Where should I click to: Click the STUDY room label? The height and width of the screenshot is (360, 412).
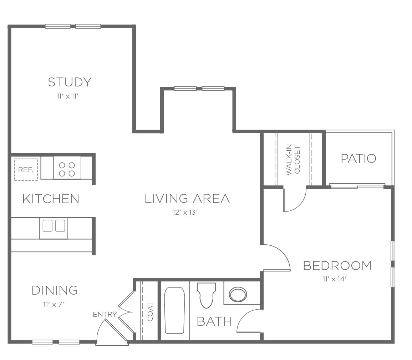click(x=70, y=82)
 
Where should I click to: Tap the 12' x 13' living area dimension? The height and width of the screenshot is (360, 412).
click(x=185, y=212)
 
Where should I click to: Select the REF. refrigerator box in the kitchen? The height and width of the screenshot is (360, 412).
click(x=26, y=170)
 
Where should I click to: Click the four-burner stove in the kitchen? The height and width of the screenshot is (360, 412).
click(x=67, y=167)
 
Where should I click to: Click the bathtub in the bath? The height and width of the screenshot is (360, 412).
click(x=174, y=310)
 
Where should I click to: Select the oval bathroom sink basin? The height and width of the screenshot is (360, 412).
click(x=238, y=294)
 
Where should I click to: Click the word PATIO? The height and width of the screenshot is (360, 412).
click(x=358, y=159)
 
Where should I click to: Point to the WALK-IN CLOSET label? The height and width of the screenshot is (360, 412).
click(x=293, y=160)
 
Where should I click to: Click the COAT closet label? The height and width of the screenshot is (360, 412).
click(x=150, y=312)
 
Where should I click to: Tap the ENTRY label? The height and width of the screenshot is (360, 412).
click(x=105, y=314)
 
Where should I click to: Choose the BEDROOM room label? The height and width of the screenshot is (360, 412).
click(x=337, y=266)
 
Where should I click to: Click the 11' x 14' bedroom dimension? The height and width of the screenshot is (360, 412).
click(x=335, y=279)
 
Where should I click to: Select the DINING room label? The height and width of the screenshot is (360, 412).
click(x=55, y=290)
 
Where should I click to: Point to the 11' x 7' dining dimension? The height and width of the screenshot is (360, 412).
click(x=54, y=305)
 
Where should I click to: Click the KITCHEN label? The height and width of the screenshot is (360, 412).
click(x=51, y=199)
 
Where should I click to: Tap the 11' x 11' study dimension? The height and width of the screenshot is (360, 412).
click(x=68, y=96)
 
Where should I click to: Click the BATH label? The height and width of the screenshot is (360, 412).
click(x=214, y=321)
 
